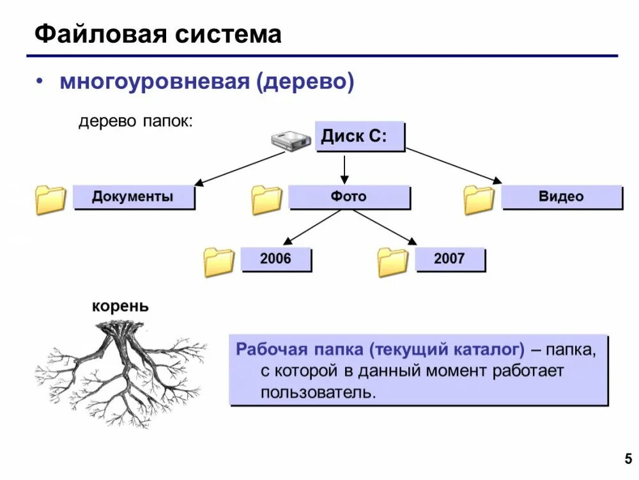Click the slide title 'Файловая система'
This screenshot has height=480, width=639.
[x=158, y=34]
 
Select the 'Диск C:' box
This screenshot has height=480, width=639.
[x=360, y=137]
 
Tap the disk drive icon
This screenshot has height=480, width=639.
[x=290, y=141]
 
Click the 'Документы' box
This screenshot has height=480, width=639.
[x=133, y=197]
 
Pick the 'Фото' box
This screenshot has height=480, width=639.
[x=349, y=197]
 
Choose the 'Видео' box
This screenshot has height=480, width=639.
[x=561, y=197]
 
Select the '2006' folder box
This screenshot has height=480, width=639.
[x=275, y=259]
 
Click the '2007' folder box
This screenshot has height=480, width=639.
[x=449, y=259]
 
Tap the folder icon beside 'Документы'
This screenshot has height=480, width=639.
[x=50, y=199]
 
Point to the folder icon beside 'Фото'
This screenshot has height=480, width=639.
[x=266, y=199]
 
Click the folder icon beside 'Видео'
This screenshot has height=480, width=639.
[x=479, y=199]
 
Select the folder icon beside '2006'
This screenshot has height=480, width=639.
[x=219, y=262]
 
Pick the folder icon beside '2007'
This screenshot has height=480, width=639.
[x=392, y=262]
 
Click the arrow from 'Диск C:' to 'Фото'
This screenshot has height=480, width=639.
[x=344, y=169]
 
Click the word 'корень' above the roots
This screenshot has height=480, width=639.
[x=120, y=306]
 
